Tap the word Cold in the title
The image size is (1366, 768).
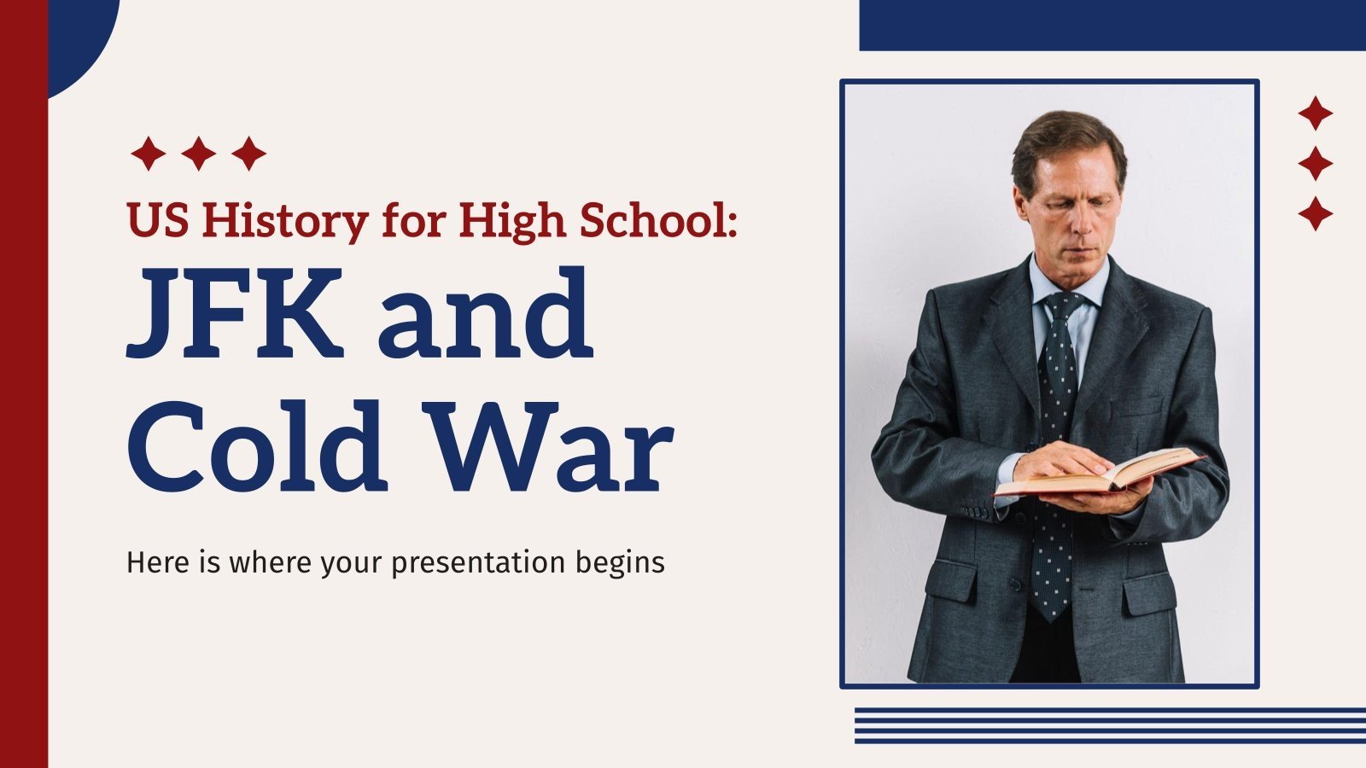point(254,448)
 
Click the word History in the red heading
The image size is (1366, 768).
point(286,220)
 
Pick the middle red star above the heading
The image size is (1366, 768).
point(199,154)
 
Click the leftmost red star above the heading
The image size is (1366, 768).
point(148,154)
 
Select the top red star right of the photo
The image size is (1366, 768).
point(1315,113)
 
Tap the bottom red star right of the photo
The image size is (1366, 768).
point(1315,213)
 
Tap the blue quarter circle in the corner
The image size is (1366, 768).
point(77,34)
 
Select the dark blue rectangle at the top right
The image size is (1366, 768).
point(1110,25)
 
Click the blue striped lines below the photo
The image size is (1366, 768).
point(1110,725)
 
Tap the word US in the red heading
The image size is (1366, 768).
point(159,220)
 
